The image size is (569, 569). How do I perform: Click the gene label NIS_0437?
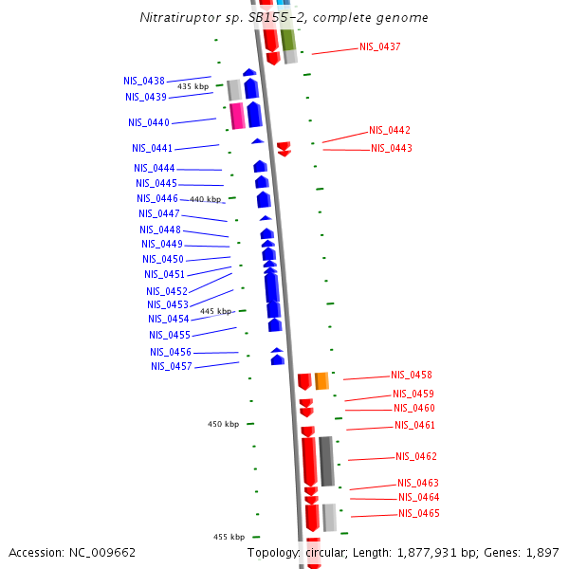click(379, 46)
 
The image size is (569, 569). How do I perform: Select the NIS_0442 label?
click(390, 130)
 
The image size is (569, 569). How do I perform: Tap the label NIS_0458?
click(412, 375)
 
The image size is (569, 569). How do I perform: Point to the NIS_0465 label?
click(419, 513)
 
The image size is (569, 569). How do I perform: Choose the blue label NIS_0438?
click(144, 82)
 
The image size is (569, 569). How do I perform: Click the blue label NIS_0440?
click(149, 122)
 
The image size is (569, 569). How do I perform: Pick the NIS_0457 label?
click(172, 366)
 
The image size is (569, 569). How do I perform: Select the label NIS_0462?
click(416, 456)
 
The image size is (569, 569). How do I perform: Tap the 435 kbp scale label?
click(193, 86)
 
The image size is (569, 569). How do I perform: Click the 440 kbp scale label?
click(205, 199)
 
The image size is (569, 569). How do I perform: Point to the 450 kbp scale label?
click(224, 424)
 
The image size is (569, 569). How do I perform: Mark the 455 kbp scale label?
click(229, 537)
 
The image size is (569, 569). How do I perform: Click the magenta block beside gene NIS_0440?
click(237, 115)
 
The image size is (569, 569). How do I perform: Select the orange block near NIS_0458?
click(321, 380)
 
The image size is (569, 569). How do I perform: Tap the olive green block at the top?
click(287, 39)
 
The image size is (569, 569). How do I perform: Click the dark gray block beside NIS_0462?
click(326, 461)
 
